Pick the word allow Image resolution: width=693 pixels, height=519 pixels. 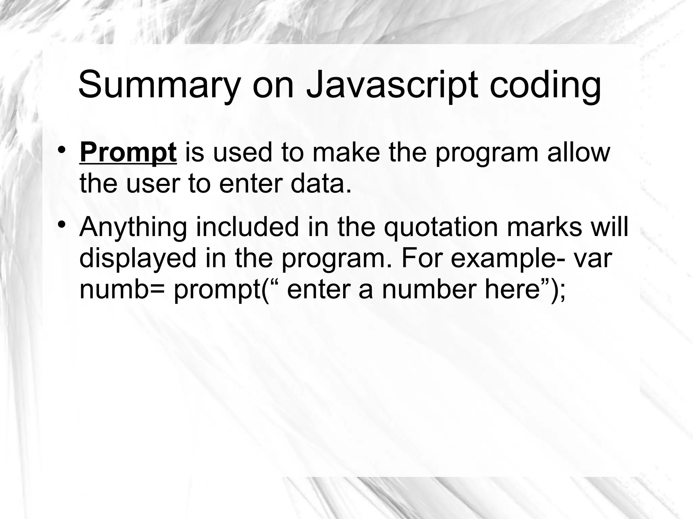[578, 152]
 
